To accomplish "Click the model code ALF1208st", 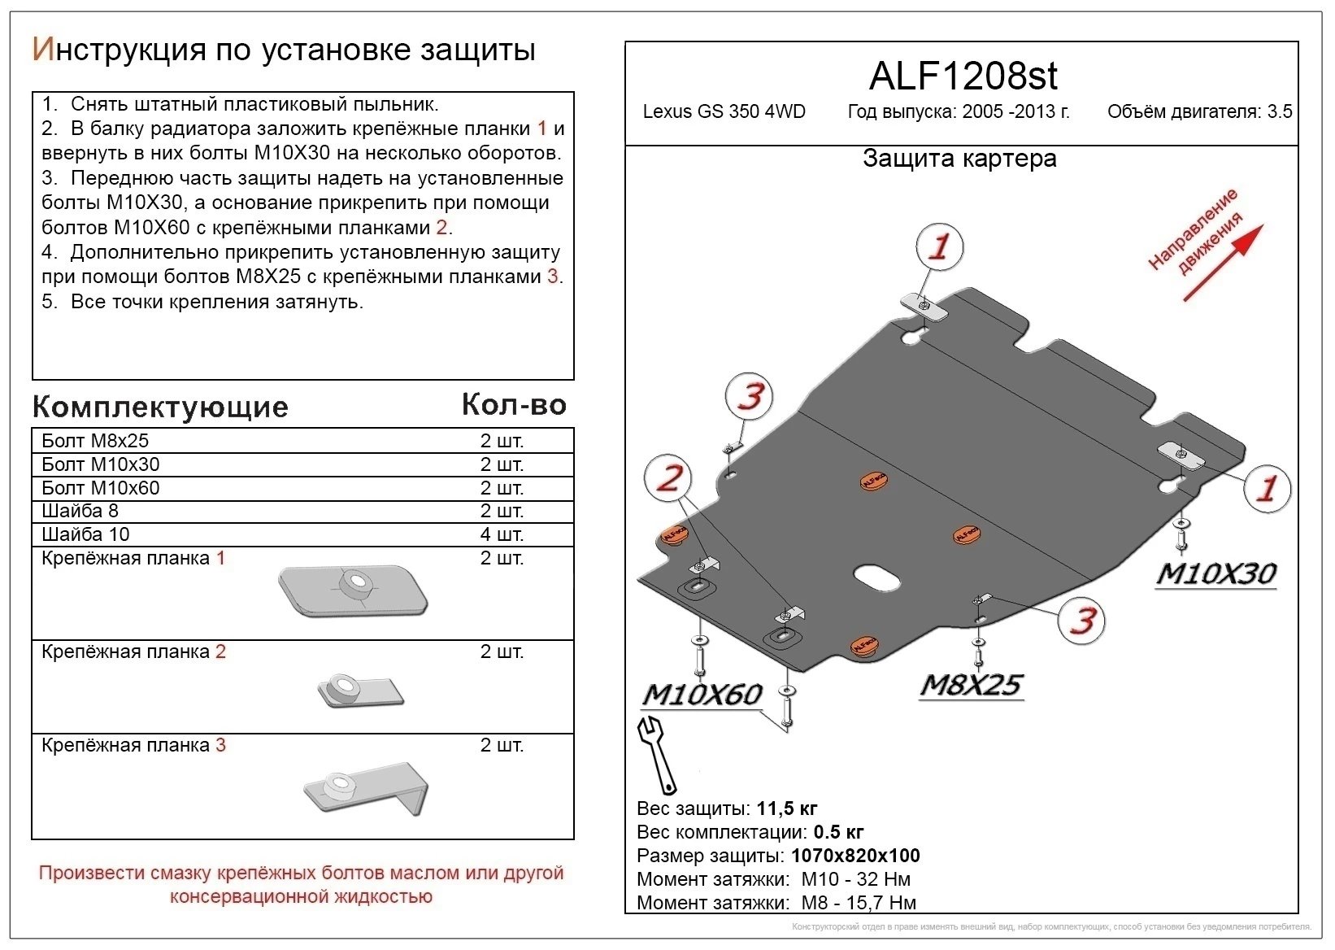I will pyautogui.click(x=963, y=76).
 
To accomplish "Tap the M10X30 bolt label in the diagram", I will pyautogui.click(x=1215, y=573).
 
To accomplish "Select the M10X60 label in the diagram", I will pyautogui.click(x=702, y=694).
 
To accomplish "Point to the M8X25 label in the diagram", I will pyautogui.click(x=971, y=685).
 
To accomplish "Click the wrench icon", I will pyautogui.click(x=657, y=753).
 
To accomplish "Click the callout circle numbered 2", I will pyautogui.click(x=667, y=477).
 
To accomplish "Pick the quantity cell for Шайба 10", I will pyautogui.click(x=502, y=534).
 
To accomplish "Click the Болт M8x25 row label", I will pyautogui.click(x=95, y=441).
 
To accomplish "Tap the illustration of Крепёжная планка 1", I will pyautogui.click(x=352, y=590).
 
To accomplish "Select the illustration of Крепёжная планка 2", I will pyautogui.click(x=359, y=691).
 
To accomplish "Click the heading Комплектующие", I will pyautogui.click(x=160, y=407).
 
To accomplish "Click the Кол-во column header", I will pyautogui.click(x=514, y=404).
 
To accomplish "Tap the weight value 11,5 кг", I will pyautogui.click(x=786, y=808).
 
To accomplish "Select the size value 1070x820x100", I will pyautogui.click(x=855, y=856).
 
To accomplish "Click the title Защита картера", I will pyautogui.click(x=959, y=159).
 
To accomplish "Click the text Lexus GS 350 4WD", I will pyautogui.click(x=724, y=112).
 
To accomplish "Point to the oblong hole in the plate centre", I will pyautogui.click(x=876, y=577).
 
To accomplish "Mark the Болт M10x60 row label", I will pyautogui.click(x=100, y=488).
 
